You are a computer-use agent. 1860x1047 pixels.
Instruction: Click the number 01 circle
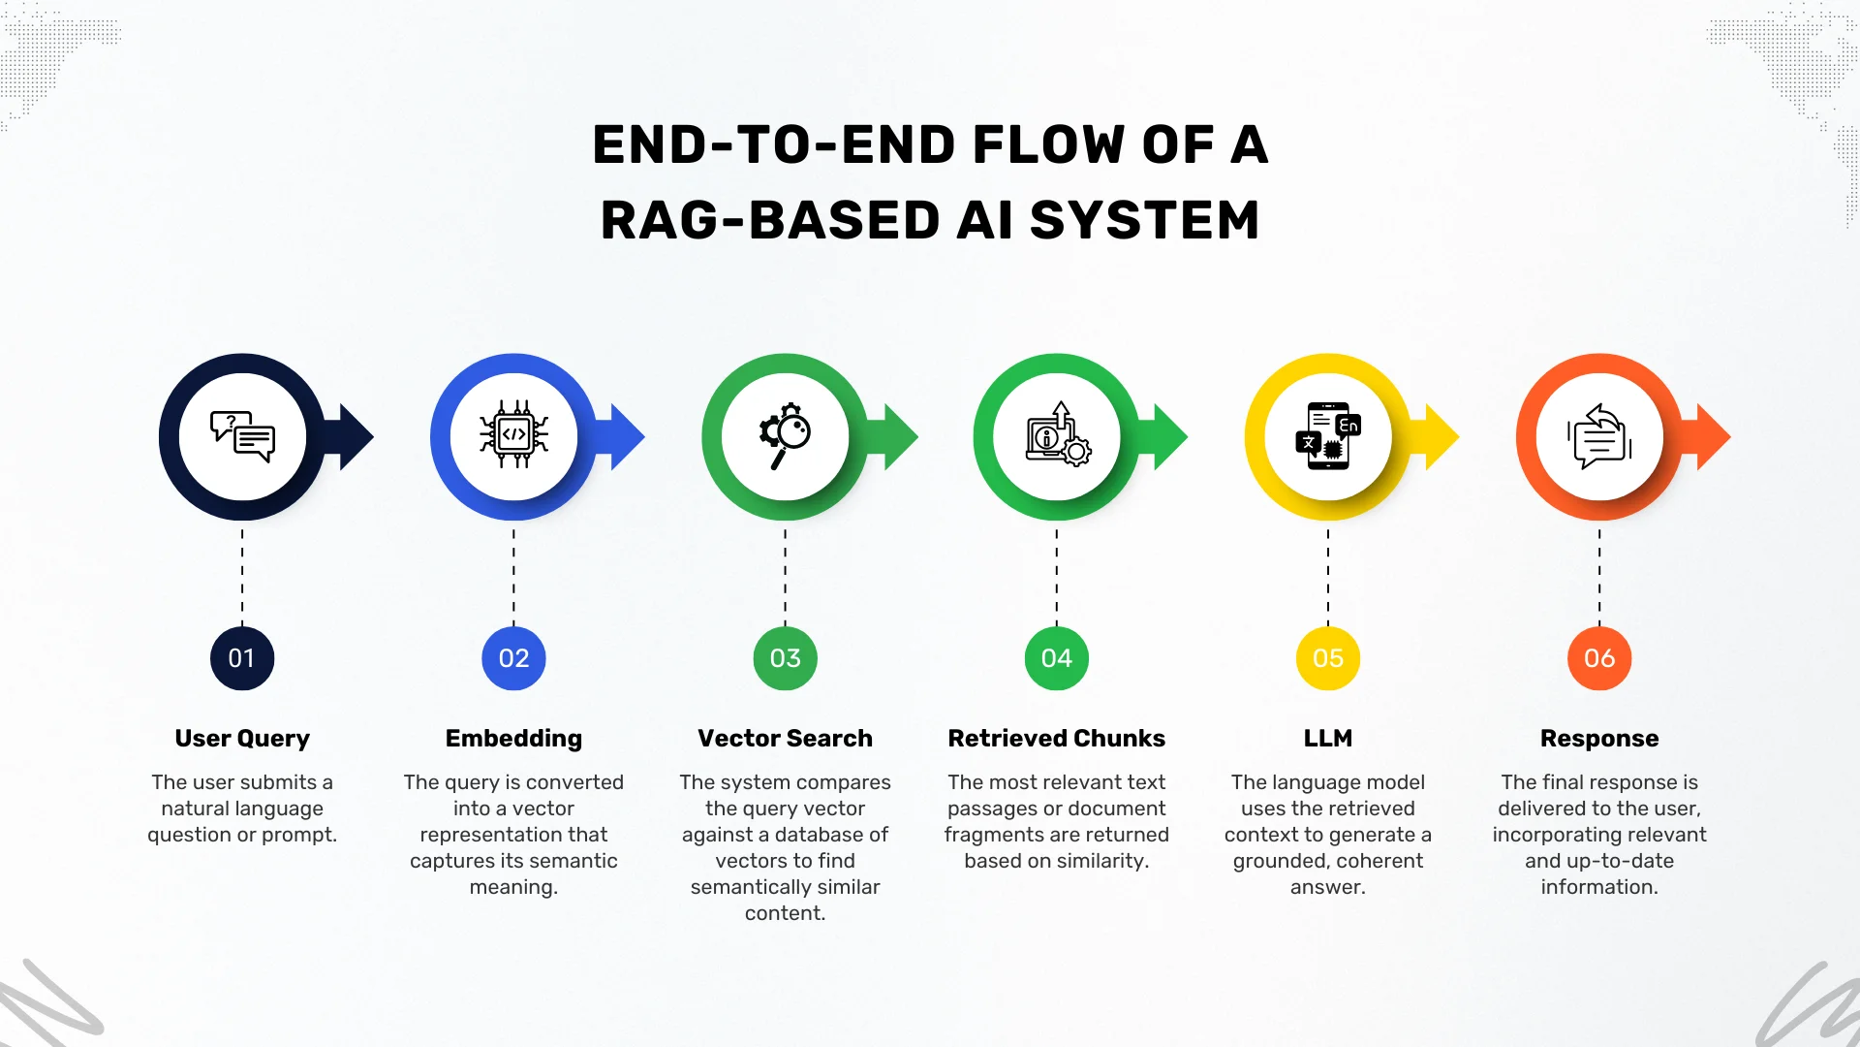click(x=242, y=658)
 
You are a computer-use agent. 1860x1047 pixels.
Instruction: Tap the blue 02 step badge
click(x=513, y=658)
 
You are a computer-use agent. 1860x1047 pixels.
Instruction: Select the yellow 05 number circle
click(x=1328, y=658)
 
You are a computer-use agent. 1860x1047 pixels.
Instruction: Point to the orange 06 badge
click(x=1599, y=658)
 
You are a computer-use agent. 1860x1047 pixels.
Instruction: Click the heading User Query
click(x=242, y=738)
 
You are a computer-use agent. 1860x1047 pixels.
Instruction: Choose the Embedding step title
click(x=513, y=738)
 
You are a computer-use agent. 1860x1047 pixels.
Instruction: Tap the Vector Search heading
click(x=785, y=738)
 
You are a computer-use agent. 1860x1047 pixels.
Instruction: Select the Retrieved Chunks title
click(x=1056, y=738)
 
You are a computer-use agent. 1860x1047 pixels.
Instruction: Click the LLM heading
click(x=1328, y=738)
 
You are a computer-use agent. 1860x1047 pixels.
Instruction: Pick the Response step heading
click(x=1599, y=738)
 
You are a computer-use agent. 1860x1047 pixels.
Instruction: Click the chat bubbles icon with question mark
click(x=242, y=436)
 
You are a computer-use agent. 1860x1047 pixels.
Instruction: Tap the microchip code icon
click(x=513, y=436)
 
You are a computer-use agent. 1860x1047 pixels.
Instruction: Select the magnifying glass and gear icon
click(x=785, y=436)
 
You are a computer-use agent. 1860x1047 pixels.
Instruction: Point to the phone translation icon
click(x=1328, y=436)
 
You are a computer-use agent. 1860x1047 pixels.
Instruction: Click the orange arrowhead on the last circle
click(x=1715, y=437)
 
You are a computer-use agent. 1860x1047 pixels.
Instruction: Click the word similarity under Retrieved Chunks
click(x=1101, y=861)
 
